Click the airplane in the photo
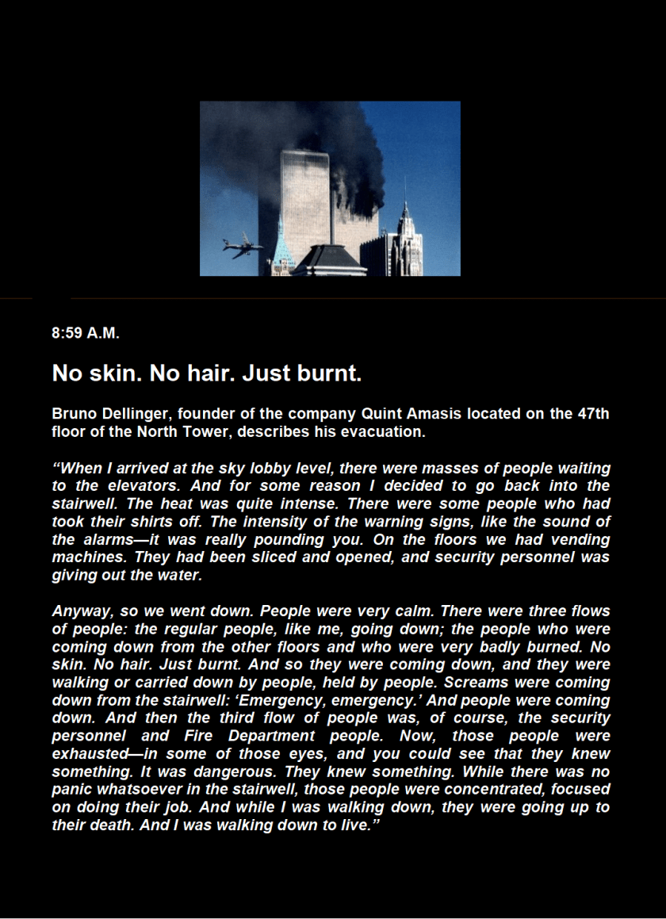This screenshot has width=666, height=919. point(243,246)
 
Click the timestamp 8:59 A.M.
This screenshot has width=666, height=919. point(86,334)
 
